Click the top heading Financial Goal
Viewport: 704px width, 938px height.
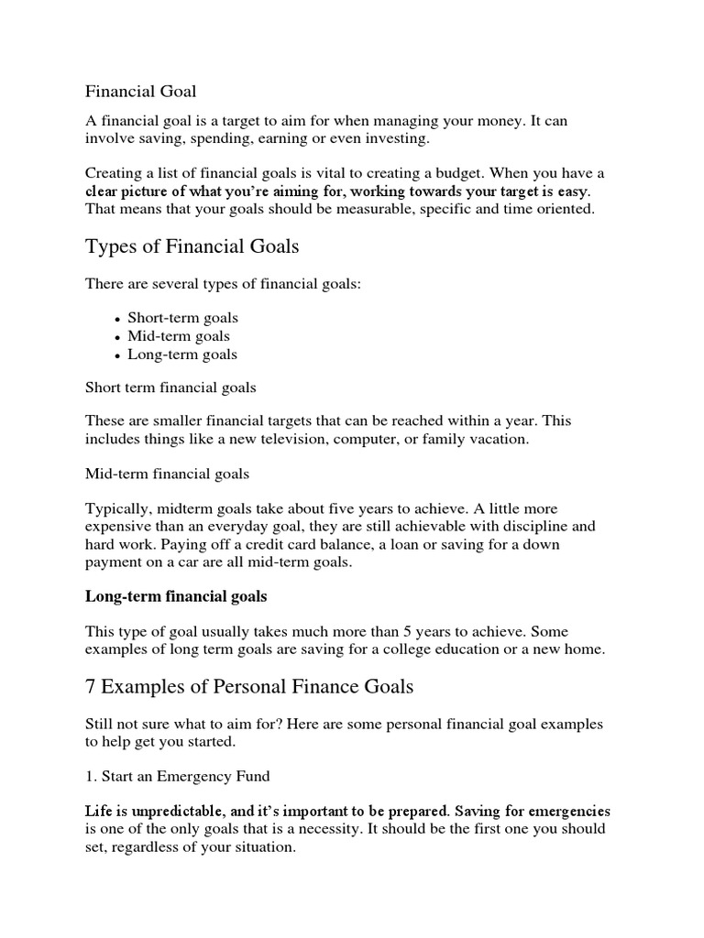[141, 92]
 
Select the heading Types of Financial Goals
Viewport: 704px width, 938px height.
[192, 246]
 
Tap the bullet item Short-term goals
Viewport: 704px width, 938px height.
[182, 318]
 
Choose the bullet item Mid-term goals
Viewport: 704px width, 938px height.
[179, 336]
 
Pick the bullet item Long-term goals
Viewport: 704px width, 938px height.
[181, 354]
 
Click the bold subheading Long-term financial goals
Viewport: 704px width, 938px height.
[176, 596]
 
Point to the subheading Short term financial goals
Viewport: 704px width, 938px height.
[170, 388]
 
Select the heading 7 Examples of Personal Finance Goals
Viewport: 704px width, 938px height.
[249, 686]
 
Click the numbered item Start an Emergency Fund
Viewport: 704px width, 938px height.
[178, 776]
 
